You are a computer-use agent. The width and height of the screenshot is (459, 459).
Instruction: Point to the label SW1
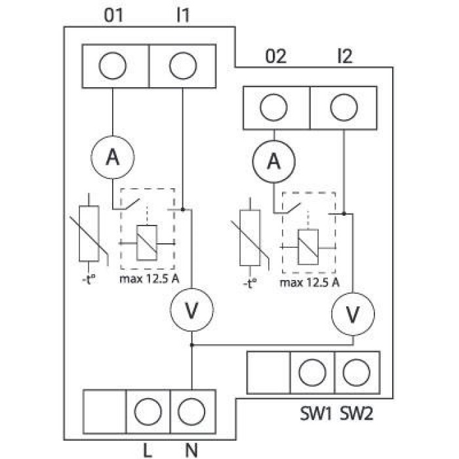tap(316, 414)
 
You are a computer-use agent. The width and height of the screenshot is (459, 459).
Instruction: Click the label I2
tap(345, 56)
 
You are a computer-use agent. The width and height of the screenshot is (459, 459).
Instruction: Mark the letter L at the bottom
tap(148, 450)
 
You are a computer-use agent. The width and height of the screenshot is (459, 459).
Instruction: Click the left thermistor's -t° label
tap(89, 279)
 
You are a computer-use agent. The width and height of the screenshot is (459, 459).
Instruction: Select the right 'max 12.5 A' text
tap(309, 283)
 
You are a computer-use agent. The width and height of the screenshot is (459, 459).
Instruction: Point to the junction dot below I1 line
tap(183, 210)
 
